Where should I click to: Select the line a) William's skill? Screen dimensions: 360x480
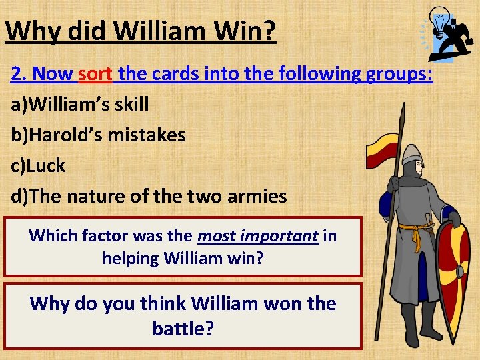(x=80, y=104)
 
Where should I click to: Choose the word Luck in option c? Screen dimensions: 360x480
(x=46, y=165)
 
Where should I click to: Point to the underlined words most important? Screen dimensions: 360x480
(x=258, y=235)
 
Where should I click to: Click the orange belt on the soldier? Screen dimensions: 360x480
(x=417, y=231)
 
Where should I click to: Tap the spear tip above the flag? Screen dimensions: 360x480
(x=401, y=117)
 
